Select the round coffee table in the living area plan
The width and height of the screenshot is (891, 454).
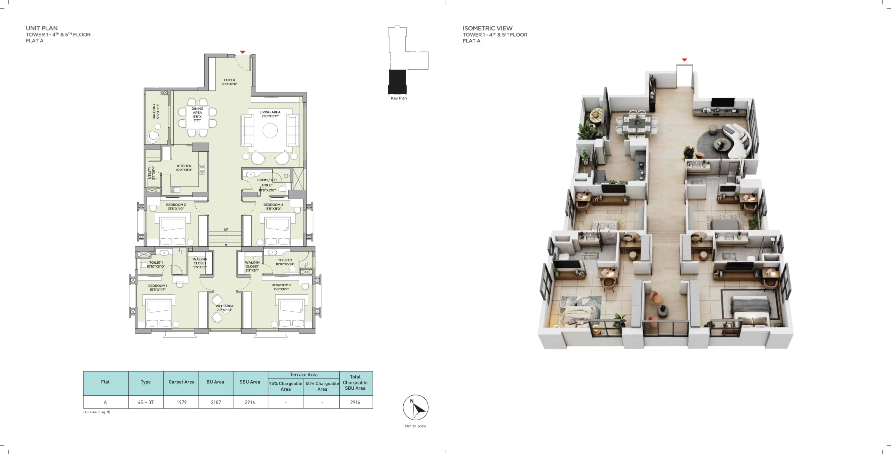270,131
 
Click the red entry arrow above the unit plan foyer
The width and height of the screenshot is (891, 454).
243,52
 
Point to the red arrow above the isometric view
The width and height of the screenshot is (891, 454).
684,60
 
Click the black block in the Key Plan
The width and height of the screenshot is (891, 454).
397,82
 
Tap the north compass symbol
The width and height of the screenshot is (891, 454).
416,407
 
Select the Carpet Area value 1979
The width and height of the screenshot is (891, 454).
181,402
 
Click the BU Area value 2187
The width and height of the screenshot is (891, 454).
216,402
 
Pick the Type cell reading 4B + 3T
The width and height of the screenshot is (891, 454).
145,402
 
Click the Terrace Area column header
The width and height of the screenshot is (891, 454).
303,375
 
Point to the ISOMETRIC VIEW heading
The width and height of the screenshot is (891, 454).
487,28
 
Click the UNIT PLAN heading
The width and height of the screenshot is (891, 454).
42,28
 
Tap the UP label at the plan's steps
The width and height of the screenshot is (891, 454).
226,230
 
